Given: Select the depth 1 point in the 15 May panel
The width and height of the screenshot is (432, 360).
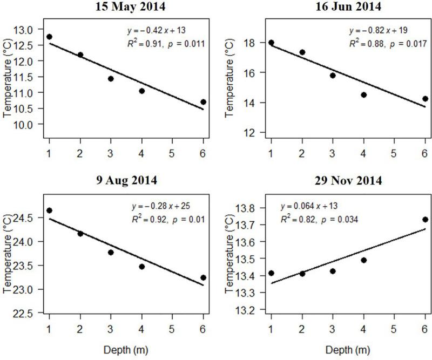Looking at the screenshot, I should point(49,37).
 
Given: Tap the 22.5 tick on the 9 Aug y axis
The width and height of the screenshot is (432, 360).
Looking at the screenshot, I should point(27,314).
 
